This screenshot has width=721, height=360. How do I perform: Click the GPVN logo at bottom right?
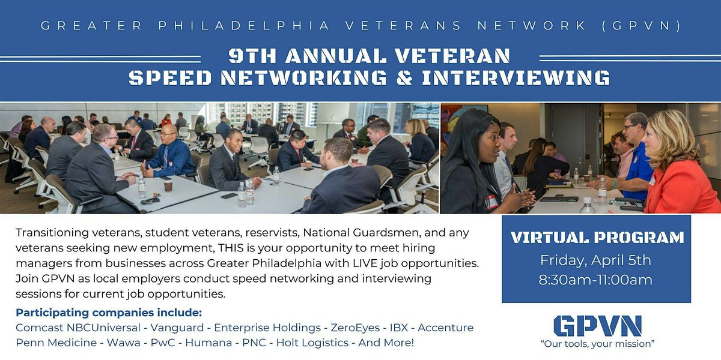coord(597,326)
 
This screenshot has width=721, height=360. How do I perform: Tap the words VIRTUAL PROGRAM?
coord(597,238)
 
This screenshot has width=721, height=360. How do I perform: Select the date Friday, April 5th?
coord(596,260)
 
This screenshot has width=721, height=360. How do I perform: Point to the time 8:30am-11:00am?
coord(596,280)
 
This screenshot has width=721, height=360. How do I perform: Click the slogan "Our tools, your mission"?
coord(597,344)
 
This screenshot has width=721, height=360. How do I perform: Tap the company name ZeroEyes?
coord(354,328)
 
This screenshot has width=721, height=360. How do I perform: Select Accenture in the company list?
coord(445,328)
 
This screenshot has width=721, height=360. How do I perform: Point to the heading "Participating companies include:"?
coord(109,313)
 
